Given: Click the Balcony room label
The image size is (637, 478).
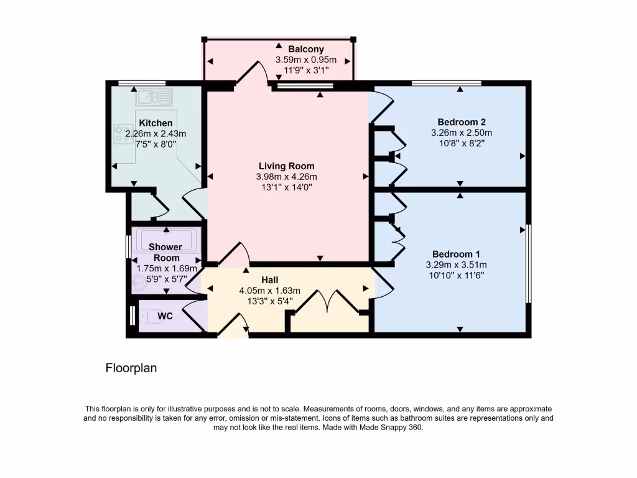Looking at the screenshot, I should (x=305, y=49).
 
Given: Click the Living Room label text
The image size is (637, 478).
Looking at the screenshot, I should (x=286, y=166).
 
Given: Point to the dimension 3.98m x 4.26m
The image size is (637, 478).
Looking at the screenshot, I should (x=286, y=177).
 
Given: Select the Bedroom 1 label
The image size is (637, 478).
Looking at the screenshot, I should (x=456, y=254).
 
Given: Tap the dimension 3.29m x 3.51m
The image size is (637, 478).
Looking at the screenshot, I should (x=456, y=265).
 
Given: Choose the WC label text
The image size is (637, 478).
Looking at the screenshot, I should (x=165, y=316).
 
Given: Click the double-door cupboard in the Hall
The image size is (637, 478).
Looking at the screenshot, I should (x=328, y=303).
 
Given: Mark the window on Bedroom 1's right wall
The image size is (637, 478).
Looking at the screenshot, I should (x=528, y=263).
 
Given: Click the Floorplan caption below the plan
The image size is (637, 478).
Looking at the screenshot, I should (x=131, y=368).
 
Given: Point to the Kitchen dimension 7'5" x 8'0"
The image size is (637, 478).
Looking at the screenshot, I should (x=156, y=144).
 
